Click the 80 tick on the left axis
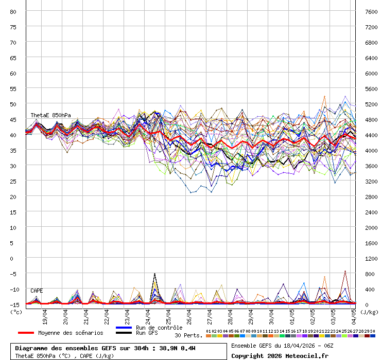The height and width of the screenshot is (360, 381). [x=14, y=11]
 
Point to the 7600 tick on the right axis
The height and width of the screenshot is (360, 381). [x=371, y=11]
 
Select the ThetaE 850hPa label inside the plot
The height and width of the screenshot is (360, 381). [x=50, y=115]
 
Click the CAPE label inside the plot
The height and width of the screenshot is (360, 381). [x=37, y=291]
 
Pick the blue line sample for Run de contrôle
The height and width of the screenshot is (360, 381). [x=124, y=328]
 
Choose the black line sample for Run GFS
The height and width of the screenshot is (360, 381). [x=124, y=333]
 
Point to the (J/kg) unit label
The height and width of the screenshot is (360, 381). [x=369, y=312]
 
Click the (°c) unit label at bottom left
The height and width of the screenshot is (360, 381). [x=16, y=312]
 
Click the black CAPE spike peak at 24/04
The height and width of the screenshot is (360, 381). [x=154, y=274]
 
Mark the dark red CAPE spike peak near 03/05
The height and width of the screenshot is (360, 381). [x=345, y=271]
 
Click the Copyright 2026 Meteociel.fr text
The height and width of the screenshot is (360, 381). [x=280, y=355]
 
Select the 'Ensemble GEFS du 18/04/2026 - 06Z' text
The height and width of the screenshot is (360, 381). [x=282, y=346]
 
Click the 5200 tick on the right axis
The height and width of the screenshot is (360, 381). [x=371, y=104]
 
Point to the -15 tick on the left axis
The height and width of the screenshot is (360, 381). [x=14, y=304]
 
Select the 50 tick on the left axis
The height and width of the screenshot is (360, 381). [x=14, y=104]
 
